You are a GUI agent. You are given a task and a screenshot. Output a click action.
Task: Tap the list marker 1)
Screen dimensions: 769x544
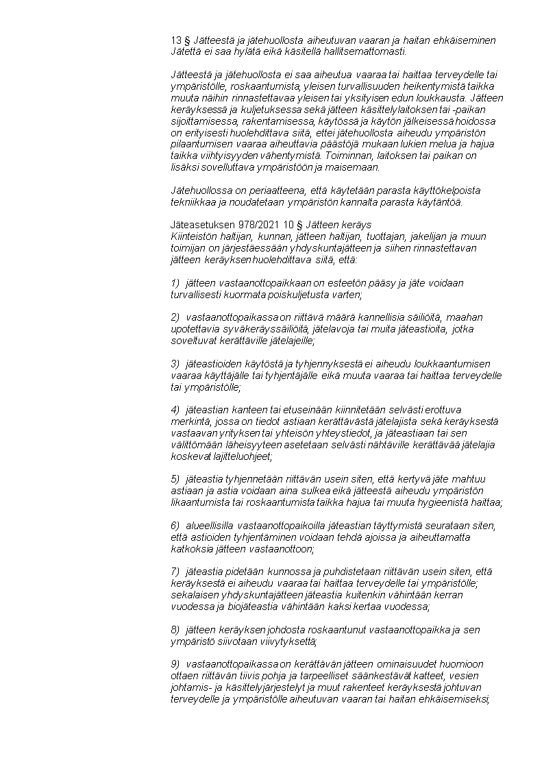coord(175,282)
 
